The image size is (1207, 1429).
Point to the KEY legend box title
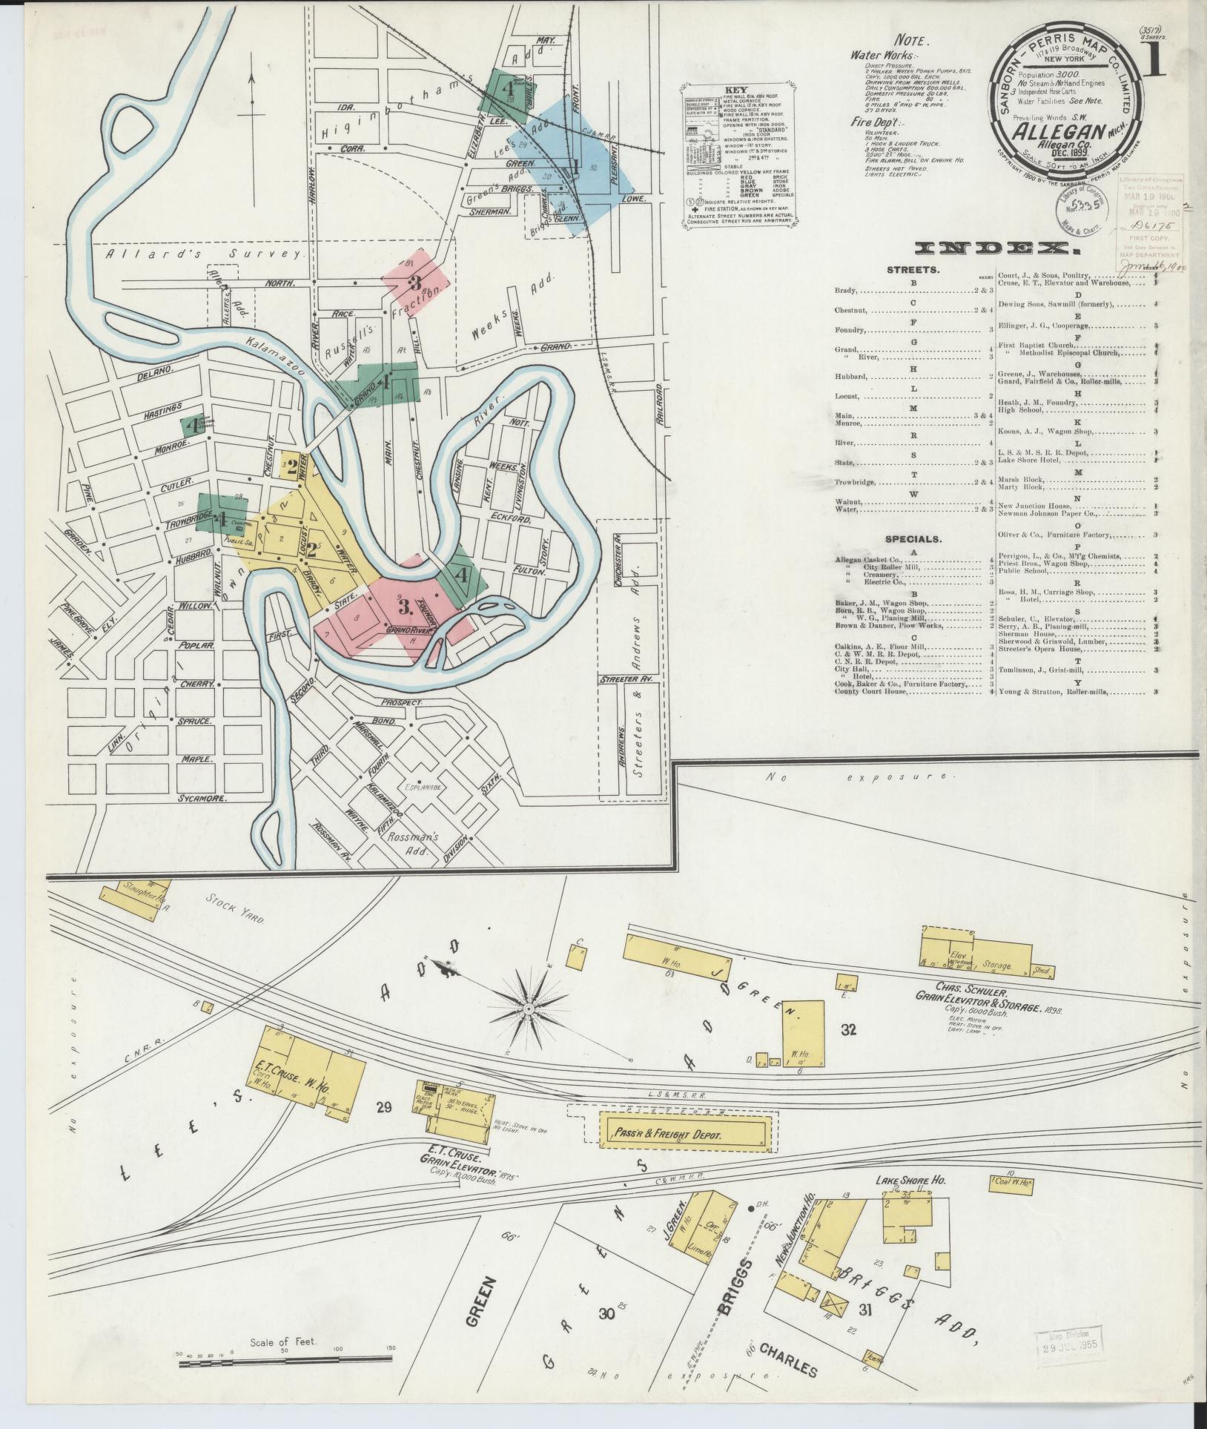click(x=738, y=90)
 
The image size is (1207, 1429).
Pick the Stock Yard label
click(x=235, y=908)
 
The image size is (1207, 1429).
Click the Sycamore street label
click(x=201, y=799)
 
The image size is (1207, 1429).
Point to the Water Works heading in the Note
click(x=884, y=55)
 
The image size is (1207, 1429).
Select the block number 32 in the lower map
click(x=849, y=1030)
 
